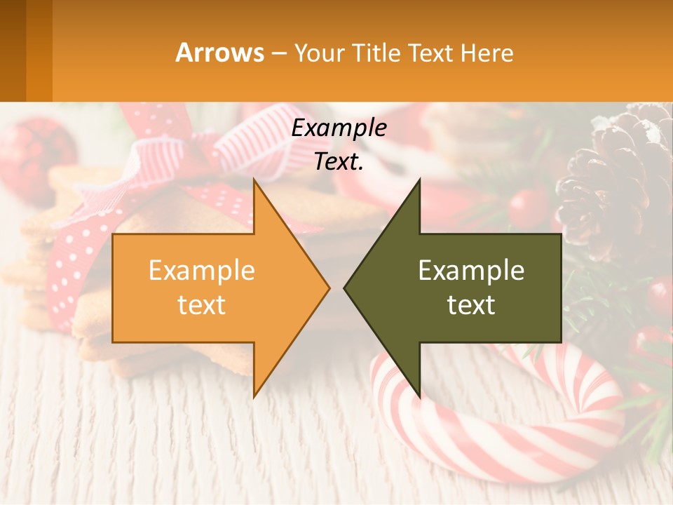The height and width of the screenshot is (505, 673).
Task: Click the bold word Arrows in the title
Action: (220, 53)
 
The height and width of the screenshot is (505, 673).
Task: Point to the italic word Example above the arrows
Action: (339, 128)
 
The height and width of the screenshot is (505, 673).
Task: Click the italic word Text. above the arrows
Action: (339, 161)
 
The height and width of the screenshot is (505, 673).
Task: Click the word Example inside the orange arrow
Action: (202, 270)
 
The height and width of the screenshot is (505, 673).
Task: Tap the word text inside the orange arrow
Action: (202, 304)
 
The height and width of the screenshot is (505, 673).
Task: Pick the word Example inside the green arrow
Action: (471, 270)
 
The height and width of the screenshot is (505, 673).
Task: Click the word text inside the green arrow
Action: (471, 304)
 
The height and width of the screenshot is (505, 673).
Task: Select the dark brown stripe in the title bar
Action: (13, 50)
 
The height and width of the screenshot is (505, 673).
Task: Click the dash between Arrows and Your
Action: (278, 53)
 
